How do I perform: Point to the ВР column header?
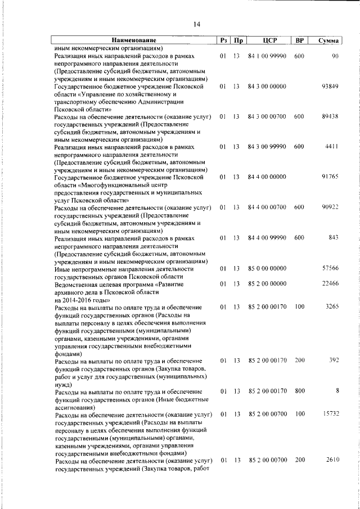coord(299,40)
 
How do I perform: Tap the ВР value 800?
coord(299,391)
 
